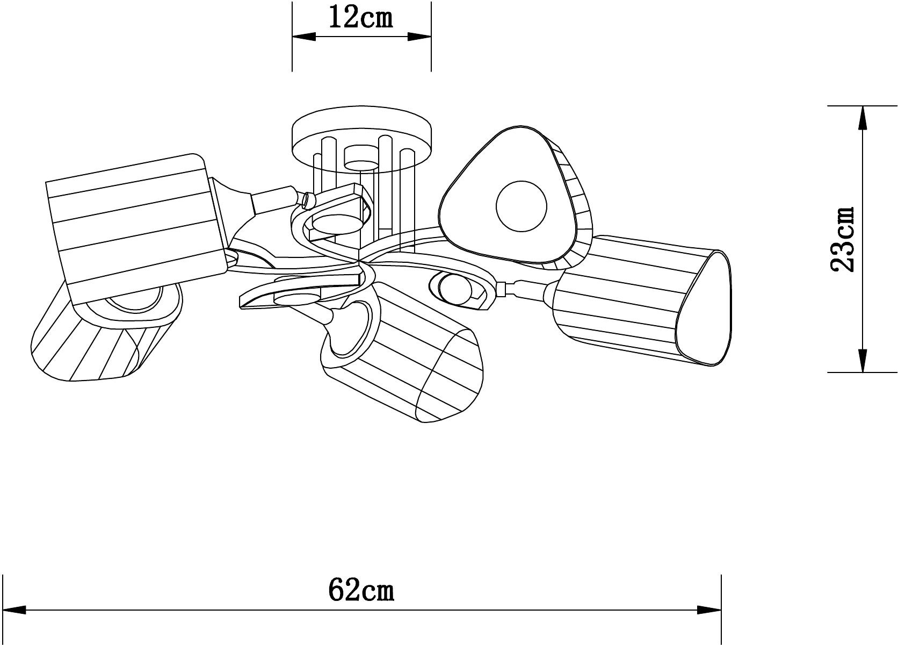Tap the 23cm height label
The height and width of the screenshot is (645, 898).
[x=843, y=239]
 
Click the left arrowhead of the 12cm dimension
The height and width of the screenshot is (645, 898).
[x=304, y=37]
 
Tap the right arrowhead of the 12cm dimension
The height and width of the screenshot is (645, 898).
[x=419, y=37]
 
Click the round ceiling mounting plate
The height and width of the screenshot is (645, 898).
[x=362, y=138]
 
